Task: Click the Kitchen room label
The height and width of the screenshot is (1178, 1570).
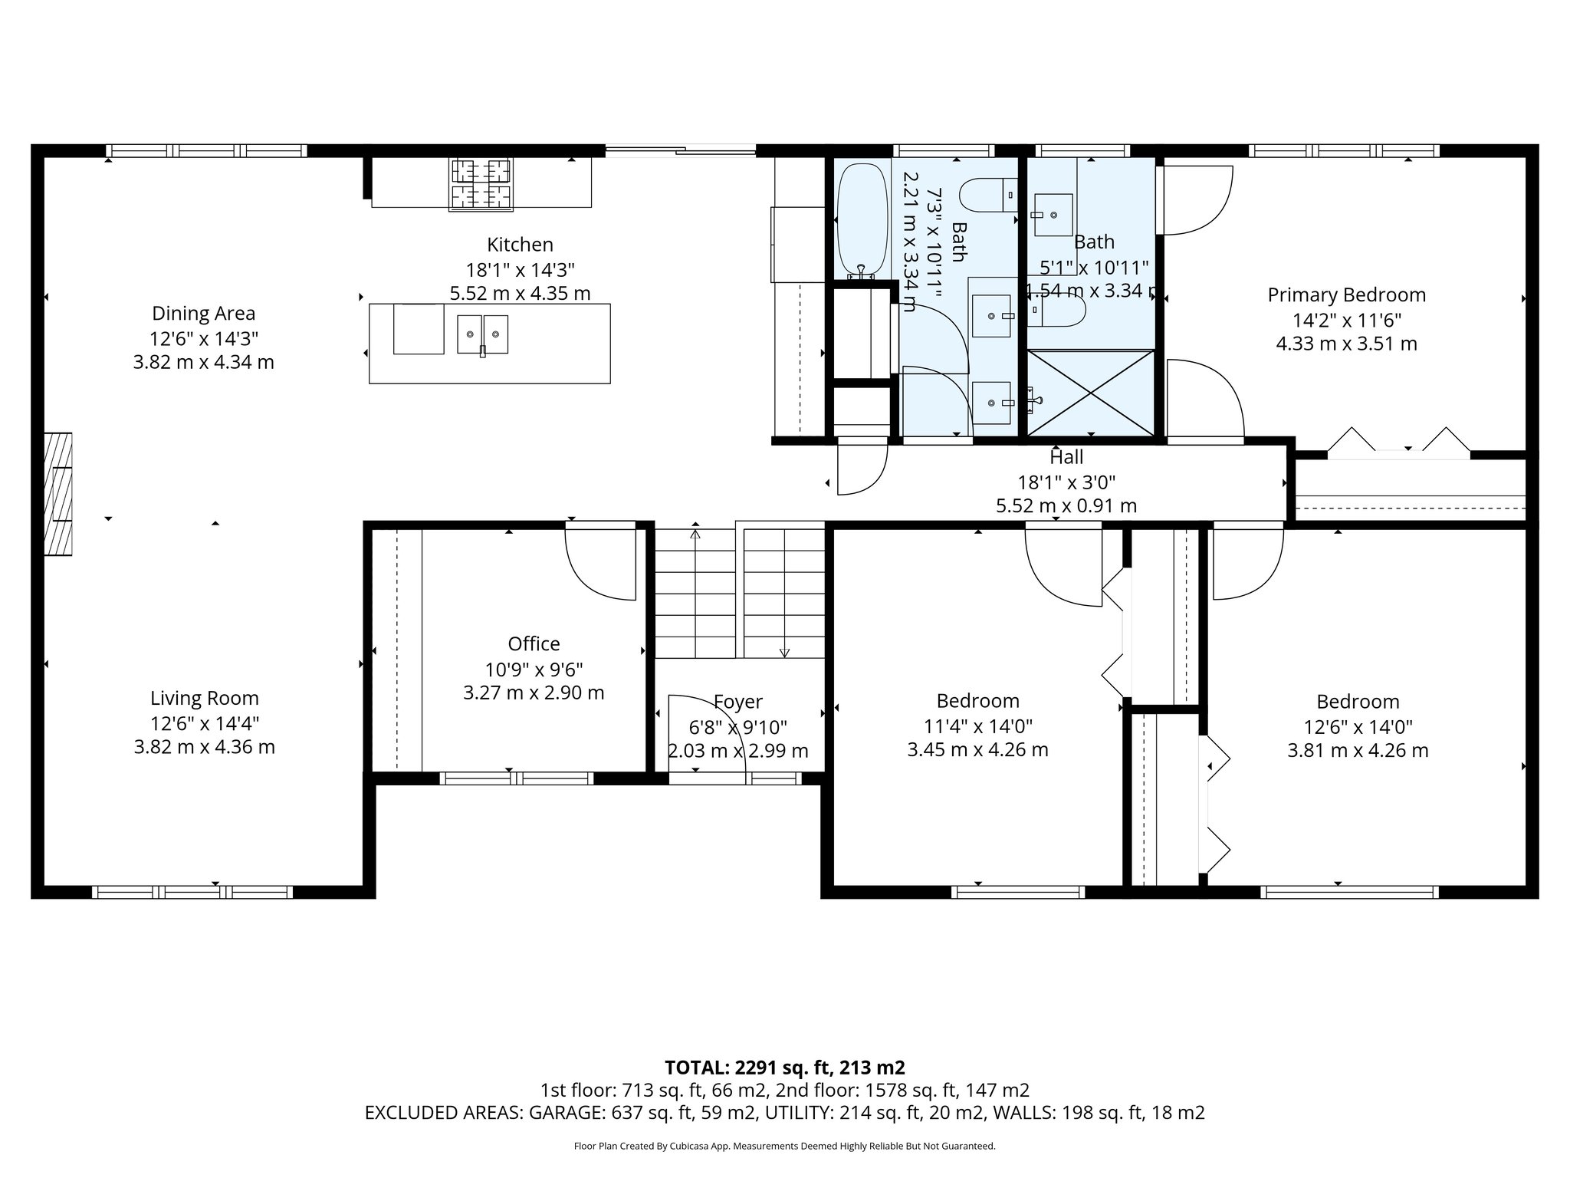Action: pyautogui.click(x=520, y=245)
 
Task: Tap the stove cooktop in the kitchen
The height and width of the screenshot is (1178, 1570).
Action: pyautogui.click(x=481, y=184)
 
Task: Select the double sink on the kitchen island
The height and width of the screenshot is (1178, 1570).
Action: pyautogui.click(x=483, y=334)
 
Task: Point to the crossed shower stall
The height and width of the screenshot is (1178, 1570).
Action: pyautogui.click(x=1090, y=393)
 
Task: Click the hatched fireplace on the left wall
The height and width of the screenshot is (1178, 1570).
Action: pyautogui.click(x=57, y=494)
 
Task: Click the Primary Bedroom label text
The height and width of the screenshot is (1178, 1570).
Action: pyautogui.click(x=1346, y=294)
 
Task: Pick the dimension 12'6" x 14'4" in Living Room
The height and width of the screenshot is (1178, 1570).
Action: pyautogui.click(x=204, y=722)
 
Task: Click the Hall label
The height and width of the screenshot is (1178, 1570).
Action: pyautogui.click(x=1066, y=457)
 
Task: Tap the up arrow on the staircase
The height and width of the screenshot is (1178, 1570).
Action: pyautogui.click(x=695, y=535)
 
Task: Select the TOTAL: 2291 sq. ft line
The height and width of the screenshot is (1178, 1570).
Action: pyautogui.click(x=784, y=1067)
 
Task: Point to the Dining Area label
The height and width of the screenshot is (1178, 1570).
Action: pyautogui.click(x=203, y=313)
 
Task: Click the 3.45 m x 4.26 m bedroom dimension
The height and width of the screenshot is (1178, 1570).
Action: pyautogui.click(x=977, y=749)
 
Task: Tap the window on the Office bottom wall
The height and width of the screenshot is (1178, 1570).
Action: pyautogui.click(x=517, y=778)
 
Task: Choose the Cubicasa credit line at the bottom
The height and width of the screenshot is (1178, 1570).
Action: pyautogui.click(x=784, y=1147)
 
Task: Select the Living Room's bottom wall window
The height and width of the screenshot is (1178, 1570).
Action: pyautogui.click(x=192, y=892)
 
